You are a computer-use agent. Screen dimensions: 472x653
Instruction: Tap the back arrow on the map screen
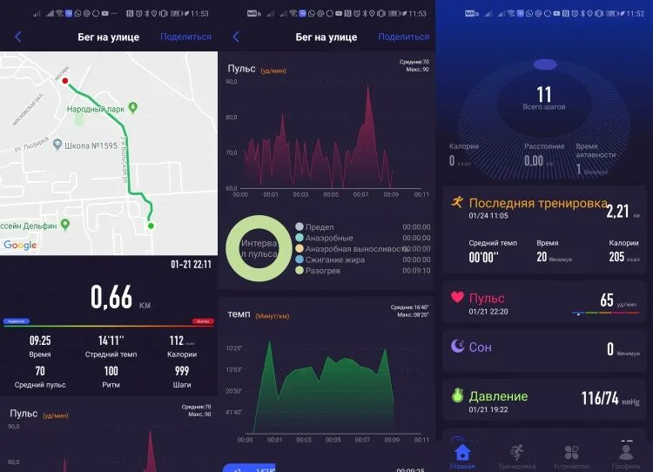tap(17, 37)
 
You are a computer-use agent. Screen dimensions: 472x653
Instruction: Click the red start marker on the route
tap(66, 81)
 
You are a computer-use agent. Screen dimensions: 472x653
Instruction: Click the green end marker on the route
tap(151, 226)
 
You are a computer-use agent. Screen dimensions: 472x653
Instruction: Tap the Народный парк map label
tap(98, 109)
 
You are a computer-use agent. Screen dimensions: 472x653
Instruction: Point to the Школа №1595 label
tap(93, 145)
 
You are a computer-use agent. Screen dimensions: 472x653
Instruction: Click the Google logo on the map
tap(20, 246)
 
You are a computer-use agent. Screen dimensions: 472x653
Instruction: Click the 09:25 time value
tap(40, 341)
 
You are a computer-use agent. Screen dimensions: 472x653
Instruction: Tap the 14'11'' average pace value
tap(111, 341)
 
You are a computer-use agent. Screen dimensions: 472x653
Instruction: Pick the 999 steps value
tap(182, 371)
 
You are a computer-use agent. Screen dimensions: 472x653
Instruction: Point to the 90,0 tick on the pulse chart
tap(232, 82)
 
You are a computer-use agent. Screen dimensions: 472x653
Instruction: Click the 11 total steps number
tap(544, 94)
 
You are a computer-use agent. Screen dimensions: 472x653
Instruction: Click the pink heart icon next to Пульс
tap(457, 297)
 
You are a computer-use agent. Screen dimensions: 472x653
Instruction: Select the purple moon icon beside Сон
tap(457, 346)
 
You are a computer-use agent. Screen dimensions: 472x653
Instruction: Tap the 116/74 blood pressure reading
tap(600, 398)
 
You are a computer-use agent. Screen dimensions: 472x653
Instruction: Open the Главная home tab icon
tap(462, 452)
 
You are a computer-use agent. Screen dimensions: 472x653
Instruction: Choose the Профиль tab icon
tap(626, 452)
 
